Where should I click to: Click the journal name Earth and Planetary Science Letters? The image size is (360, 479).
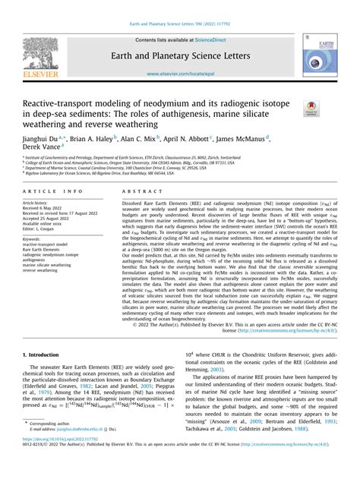179,55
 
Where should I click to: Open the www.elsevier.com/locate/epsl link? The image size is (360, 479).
179,74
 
